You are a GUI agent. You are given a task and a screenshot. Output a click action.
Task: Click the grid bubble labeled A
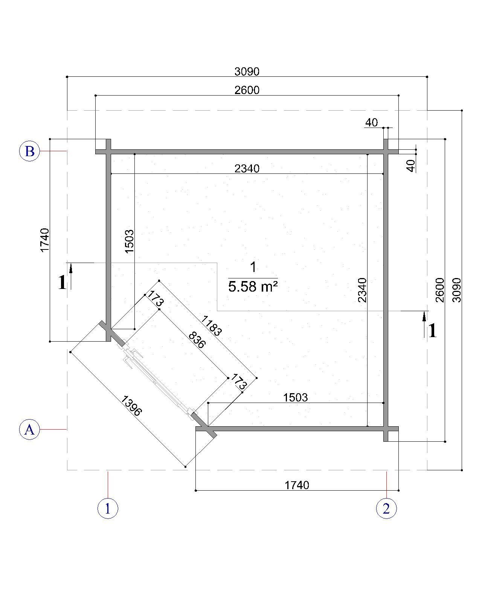pos(29,429)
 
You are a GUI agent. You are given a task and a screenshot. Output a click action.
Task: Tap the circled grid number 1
pos(108,508)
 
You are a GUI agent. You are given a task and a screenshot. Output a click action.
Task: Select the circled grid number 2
pos(386,508)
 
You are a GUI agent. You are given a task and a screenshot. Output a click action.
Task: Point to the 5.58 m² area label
pos(253,287)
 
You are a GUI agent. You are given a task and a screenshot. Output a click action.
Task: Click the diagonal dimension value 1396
pos(131,406)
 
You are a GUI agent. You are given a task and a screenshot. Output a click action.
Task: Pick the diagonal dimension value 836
pos(197,340)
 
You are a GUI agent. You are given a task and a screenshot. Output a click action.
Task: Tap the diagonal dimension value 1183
pos(212,325)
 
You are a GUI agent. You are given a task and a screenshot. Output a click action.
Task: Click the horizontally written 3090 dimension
pos(247,71)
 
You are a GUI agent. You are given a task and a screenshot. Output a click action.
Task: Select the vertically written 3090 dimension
pos(457,290)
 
